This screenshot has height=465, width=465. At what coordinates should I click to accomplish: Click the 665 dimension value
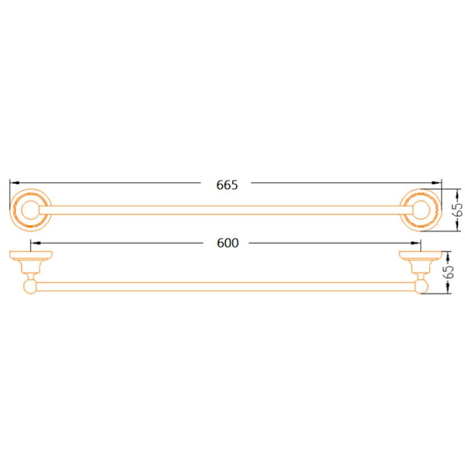(x=227, y=185)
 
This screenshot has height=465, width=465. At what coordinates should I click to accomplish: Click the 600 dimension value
(x=228, y=243)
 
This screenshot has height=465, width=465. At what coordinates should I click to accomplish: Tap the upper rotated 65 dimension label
(x=458, y=209)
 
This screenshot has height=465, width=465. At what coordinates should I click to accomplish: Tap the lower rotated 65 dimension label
(x=449, y=272)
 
